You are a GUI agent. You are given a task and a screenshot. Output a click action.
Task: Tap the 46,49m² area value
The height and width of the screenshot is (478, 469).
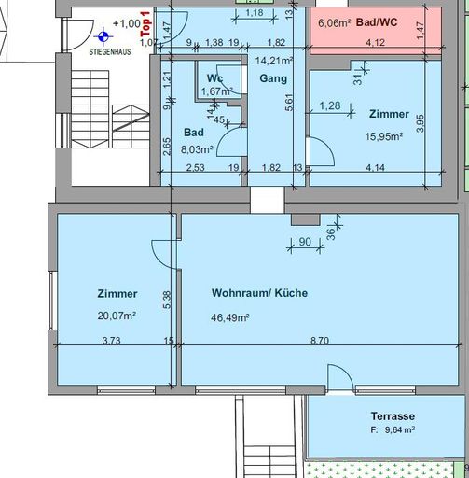click(x=230, y=317)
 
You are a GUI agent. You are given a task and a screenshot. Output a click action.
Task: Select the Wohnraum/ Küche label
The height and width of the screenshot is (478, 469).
click(x=259, y=293)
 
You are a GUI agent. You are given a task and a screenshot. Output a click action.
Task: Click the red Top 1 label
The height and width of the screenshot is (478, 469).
click(x=145, y=35)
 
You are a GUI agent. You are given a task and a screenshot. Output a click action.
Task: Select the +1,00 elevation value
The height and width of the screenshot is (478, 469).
click(x=127, y=23)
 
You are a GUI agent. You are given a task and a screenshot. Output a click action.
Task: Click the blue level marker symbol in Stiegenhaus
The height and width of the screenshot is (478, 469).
click(x=103, y=36)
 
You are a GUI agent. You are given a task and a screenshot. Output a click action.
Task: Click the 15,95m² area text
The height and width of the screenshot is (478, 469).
click(x=384, y=135)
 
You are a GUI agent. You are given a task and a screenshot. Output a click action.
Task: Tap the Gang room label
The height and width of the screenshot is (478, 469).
click(x=273, y=78)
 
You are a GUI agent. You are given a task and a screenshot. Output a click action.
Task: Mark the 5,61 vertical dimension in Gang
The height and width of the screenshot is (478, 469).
click(x=290, y=105)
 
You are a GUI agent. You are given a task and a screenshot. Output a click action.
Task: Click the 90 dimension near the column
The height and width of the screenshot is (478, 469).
click(x=305, y=243)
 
